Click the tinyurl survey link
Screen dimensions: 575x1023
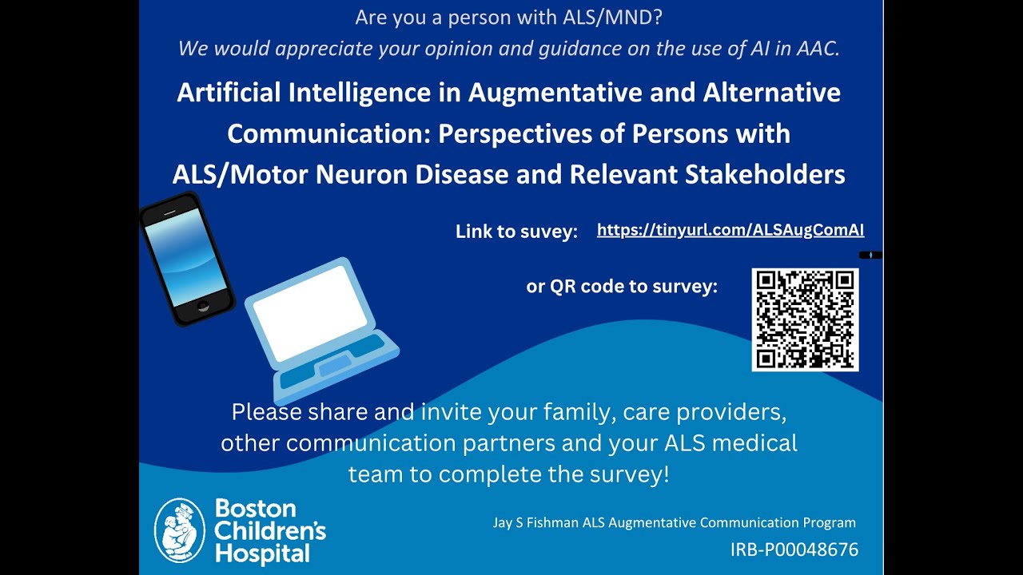730,230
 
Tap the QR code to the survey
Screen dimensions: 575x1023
805,319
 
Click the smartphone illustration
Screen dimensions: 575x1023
186,260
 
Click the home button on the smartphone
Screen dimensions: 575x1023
203,306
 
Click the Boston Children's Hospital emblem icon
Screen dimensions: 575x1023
179,529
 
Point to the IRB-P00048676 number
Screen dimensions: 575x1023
794,549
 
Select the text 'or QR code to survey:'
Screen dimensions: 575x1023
621,286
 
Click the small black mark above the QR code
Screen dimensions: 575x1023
870,255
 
